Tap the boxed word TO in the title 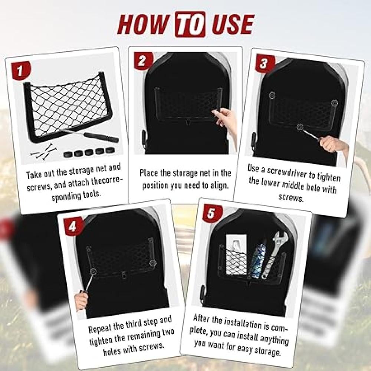(190, 24)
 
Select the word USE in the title (232, 24)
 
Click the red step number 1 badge (21, 70)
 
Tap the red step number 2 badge (142, 60)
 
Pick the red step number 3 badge (264, 63)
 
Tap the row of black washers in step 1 (89, 152)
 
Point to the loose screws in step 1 (44, 151)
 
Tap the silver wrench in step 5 (275, 255)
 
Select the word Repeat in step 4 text (99, 328)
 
